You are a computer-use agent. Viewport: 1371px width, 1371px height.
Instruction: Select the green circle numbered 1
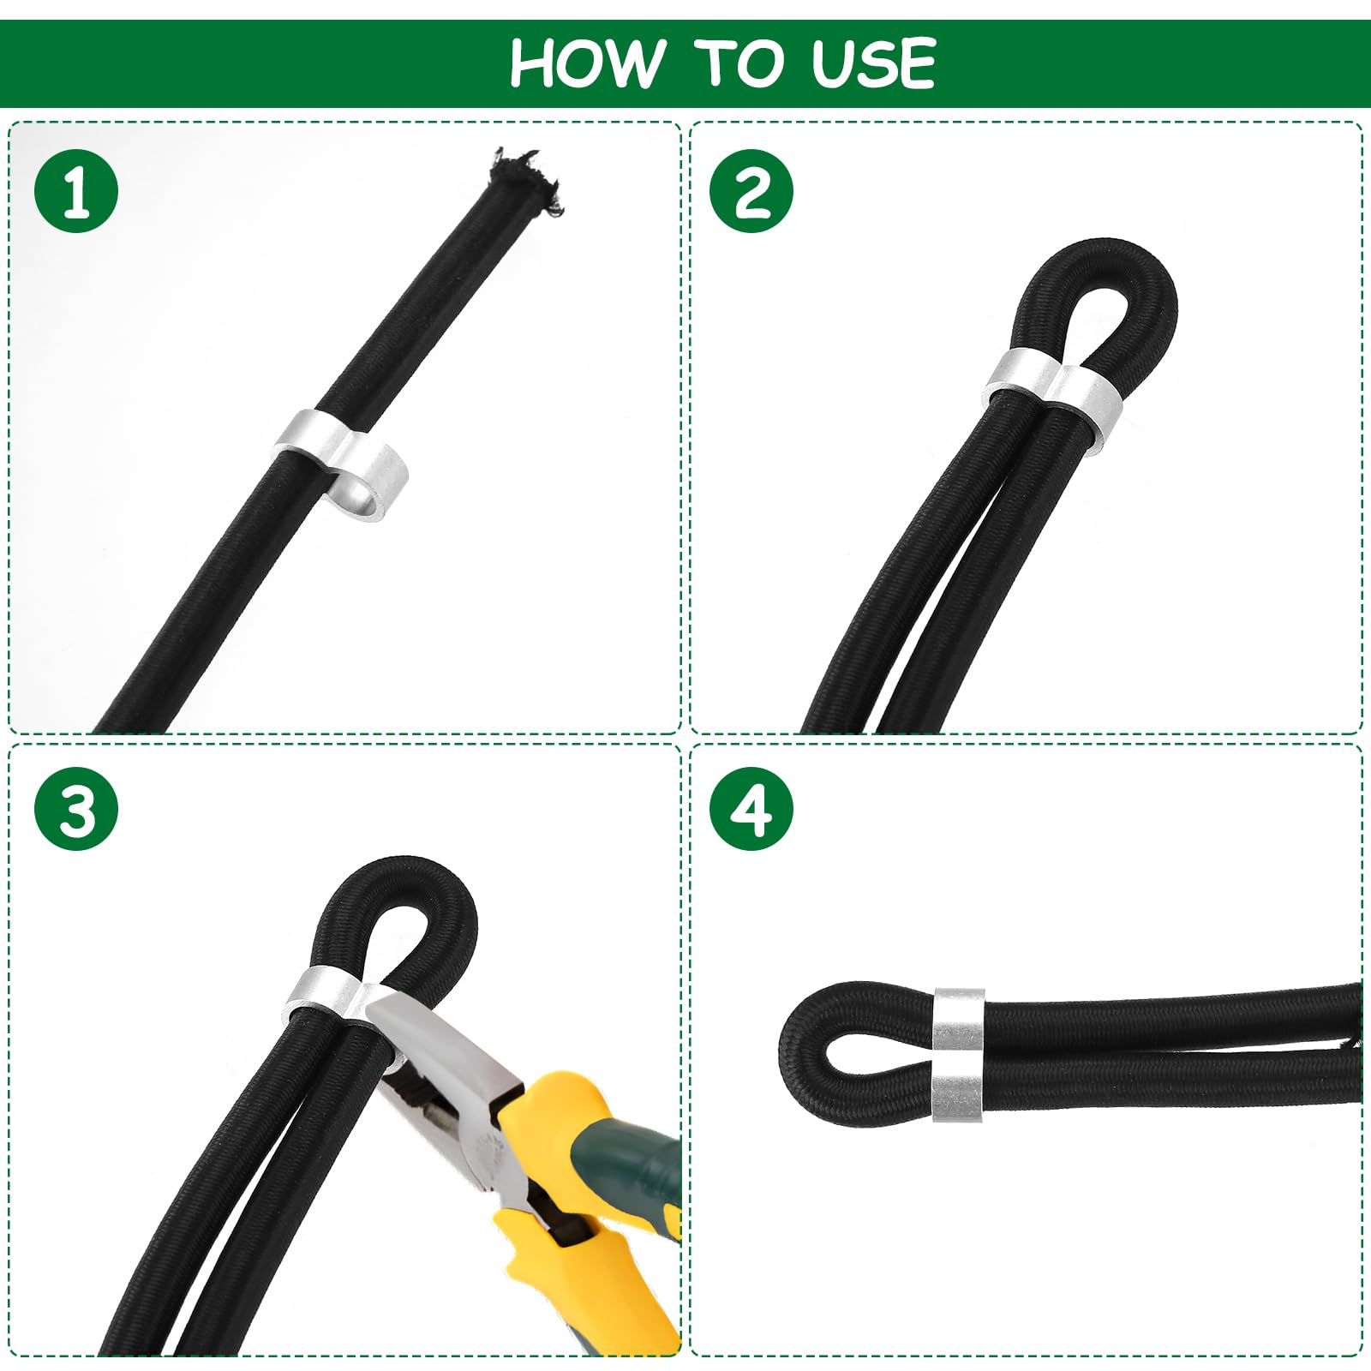coord(76,191)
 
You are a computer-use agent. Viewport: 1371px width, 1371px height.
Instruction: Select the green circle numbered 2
coord(751,191)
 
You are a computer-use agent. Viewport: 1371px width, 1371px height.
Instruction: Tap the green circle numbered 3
coord(76,809)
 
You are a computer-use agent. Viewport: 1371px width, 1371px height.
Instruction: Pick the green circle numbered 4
coord(751,809)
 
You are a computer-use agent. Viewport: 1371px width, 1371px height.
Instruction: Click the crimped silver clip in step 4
coord(958,1054)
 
